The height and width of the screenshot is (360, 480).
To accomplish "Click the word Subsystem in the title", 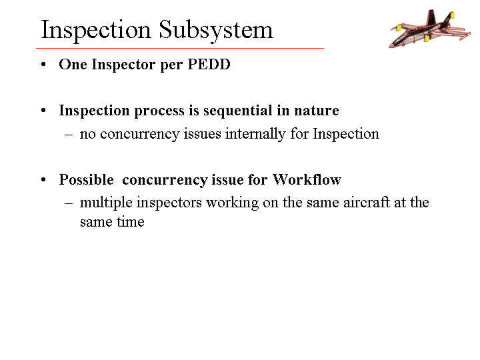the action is coord(216,31).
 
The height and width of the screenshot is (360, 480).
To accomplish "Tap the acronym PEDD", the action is coord(209,64).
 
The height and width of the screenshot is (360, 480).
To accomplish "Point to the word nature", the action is coord(317,111).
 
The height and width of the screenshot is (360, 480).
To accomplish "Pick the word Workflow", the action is coord(307,179).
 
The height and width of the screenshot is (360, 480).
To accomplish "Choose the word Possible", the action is coord(86,179).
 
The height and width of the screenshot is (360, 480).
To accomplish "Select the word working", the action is coord(233,203).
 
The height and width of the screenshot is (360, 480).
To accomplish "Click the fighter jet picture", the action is coord(430,29).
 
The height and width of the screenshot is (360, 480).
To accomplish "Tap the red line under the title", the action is coord(180,48).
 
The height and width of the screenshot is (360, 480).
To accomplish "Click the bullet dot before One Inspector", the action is coord(43,65).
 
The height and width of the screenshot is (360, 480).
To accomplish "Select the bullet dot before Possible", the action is coord(43,180).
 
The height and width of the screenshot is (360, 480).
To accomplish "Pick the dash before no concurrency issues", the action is coord(69,135).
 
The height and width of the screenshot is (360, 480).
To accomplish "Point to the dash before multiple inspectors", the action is coord(69,203).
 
